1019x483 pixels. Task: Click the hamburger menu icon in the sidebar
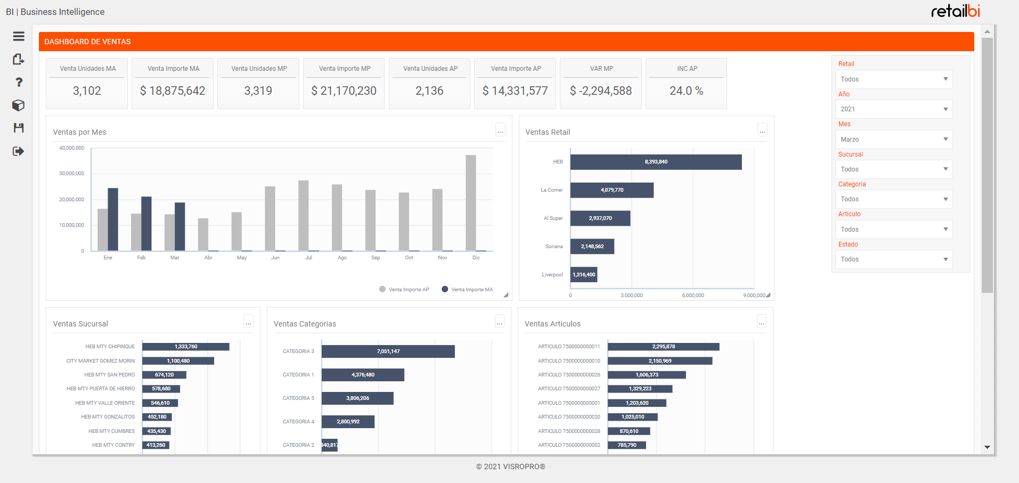[x=19, y=36]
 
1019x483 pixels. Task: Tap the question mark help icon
[x=19, y=82]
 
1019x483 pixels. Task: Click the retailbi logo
[x=955, y=11]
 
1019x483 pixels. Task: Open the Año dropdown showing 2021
[x=893, y=109]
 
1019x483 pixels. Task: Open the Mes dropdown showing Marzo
[x=893, y=140]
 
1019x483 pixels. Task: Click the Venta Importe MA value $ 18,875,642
[x=173, y=91]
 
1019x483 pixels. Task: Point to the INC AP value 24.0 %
[x=686, y=91]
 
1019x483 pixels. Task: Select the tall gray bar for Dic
[x=470, y=202]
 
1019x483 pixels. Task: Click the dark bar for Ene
[x=113, y=219]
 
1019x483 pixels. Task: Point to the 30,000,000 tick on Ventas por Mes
[x=71, y=174]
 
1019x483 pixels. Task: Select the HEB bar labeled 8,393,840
[x=656, y=162]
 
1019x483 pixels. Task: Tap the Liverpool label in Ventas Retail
[x=552, y=275]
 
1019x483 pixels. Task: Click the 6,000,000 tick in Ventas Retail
[x=692, y=296]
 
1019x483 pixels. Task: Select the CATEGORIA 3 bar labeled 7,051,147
[x=388, y=351]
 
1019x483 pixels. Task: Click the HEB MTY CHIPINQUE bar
[x=185, y=347]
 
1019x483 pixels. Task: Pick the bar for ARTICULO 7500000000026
[x=647, y=375]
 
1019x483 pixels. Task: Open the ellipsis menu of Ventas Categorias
[x=499, y=322]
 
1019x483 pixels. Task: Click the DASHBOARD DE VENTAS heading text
[x=87, y=42]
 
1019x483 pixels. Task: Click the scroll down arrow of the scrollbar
[x=987, y=447]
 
